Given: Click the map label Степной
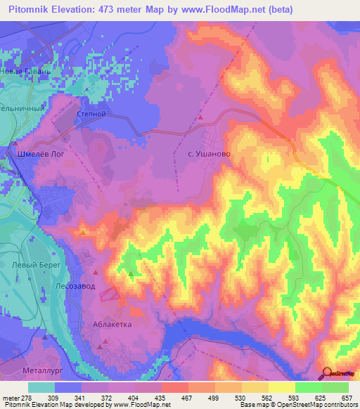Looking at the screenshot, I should point(90,112).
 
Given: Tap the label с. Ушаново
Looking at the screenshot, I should point(210,152).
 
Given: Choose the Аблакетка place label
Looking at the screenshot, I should point(112,325).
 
